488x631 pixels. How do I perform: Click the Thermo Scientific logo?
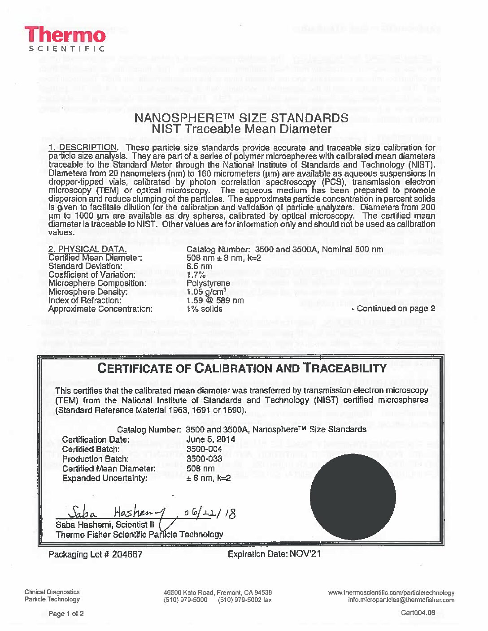click(x=65, y=39)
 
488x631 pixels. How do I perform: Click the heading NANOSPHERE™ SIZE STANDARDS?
click(x=241, y=118)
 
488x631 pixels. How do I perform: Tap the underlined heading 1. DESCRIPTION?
click(x=83, y=147)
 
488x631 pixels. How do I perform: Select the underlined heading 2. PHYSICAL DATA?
click(x=87, y=249)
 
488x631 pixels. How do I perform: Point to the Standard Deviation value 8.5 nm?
click(x=199, y=266)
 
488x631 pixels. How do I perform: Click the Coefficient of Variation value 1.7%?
click(x=196, y=275)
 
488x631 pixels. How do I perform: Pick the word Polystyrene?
click(x=208, y=283)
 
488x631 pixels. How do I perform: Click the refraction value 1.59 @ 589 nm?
click(x=215, y=300)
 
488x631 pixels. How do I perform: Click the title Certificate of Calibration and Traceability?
click(x=242, y=368)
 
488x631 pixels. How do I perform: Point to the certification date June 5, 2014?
click(x=210, y=439)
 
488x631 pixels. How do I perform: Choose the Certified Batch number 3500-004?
click(x=204, y=449)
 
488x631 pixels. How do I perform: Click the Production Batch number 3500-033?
click(x=204, y=459)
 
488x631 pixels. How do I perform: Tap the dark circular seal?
click(x=353, y=497)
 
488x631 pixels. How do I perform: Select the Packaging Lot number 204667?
click(x=127, y=554)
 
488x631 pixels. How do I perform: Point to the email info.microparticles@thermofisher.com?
click(x=401, y=600)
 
